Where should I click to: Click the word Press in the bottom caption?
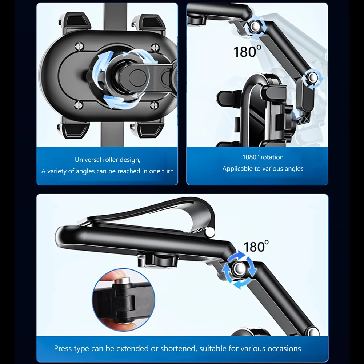(x=62, y=348)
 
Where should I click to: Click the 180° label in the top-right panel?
(x=247, y=52)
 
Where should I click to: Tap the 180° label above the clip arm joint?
(x=256, y=247)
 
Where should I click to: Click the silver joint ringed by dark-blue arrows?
(x=239, y=269)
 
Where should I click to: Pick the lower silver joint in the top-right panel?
(x=312, y=78)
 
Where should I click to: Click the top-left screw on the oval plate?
(x=79, y=46)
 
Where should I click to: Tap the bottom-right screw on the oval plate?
(x=153, y=105)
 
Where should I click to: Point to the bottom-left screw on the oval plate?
(x=79, y=105)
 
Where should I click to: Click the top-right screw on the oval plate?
(x=155, y=48)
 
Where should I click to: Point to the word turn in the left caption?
(x=168, y=171)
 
